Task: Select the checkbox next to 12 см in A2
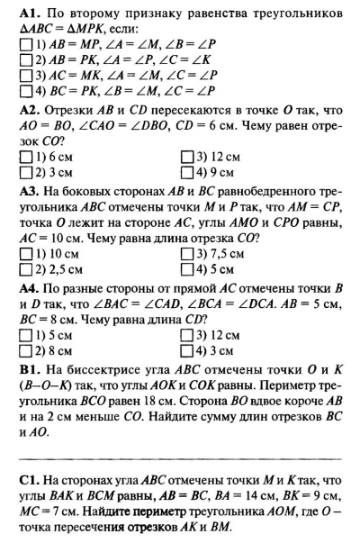(187, 156)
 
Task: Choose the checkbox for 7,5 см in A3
(187, 253)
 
